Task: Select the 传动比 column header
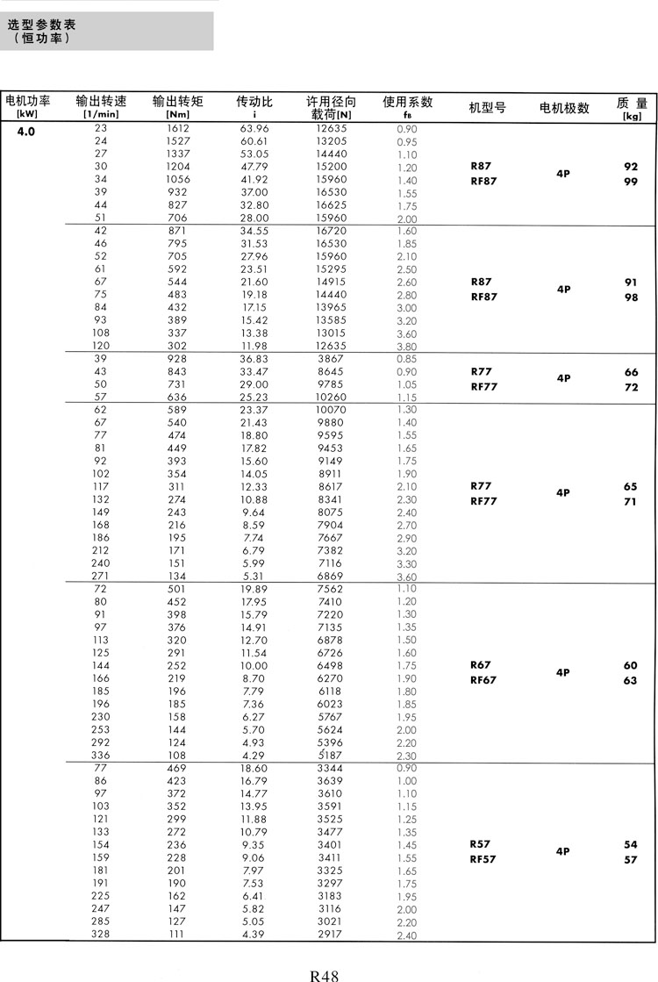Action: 254,101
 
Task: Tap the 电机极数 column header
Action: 564,108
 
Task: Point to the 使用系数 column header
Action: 407,101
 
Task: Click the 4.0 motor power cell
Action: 25,133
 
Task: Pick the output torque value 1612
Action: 178,128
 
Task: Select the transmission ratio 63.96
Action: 254,128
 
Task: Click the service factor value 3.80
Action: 406,347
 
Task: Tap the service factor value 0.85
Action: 406,359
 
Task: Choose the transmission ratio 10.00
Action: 254,665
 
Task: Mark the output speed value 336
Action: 100,755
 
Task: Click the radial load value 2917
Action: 330,934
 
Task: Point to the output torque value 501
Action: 178,588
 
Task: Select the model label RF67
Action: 483,680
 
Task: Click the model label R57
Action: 481,844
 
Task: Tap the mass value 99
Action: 631,182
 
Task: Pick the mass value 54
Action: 631,844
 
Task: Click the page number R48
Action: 324,974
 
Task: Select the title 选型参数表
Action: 41,25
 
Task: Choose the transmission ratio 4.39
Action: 254,934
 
